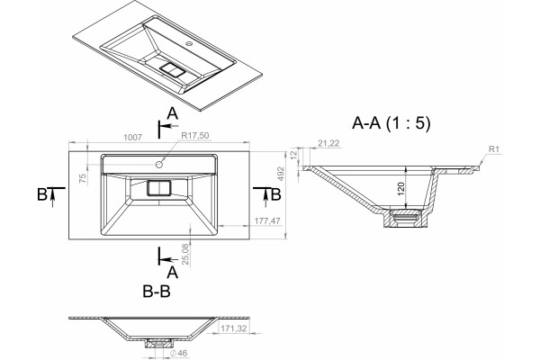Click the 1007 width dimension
pyautogui.click(x=132, y=138)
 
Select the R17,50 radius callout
pyautogui.click(x=195, y=135)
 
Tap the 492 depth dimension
pyautogui.click(x=281, y=174)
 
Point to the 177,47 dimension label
pyautogui.click(x=267, y=220)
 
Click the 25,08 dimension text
pyautogui.click(x=185, y=254)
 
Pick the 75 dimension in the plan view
pyautogui.click(x=83, y=178)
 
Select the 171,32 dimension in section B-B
pyautogui.click(x=233, y=328)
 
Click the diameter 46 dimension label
pyautogui.click(x=179, y=353)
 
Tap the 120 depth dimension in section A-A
pyautogui.click(x=400, y=189)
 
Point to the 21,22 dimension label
pyautogui.click(x=328, y=143)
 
